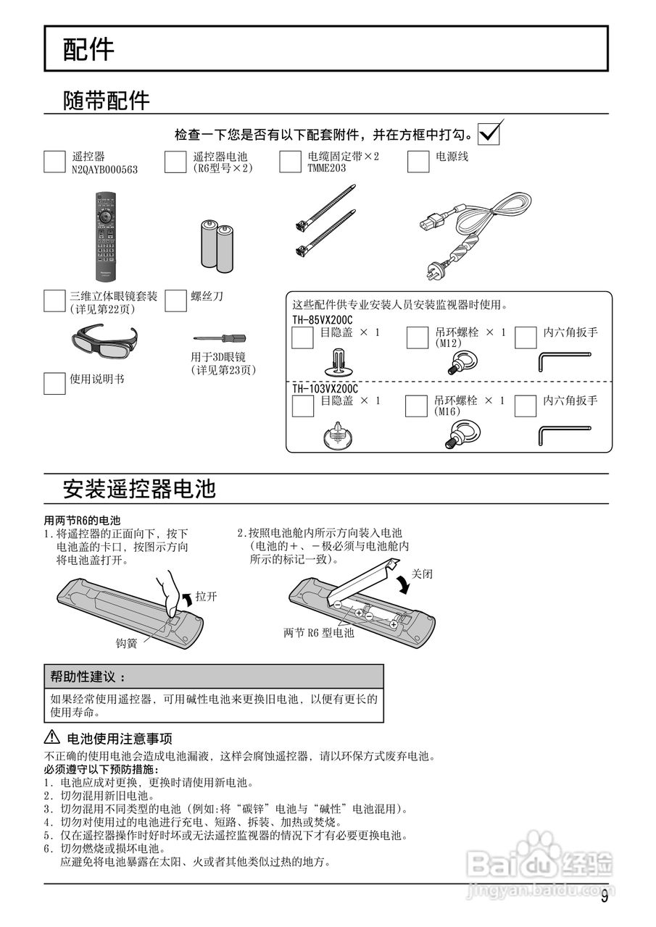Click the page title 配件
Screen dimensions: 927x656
[x=88, y=50]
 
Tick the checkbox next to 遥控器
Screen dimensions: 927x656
[x=55, y=162]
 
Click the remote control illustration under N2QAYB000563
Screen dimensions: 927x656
[x=106, y=236]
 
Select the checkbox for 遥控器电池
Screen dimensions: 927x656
[x=175, y=162]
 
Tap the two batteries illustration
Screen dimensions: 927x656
[x=217, y=245]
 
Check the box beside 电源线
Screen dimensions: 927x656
[x=418, y=162]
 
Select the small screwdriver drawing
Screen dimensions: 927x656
[x=219, y=337]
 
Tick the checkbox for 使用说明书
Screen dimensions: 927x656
[x=55, y=383]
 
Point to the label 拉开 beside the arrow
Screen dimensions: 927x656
[x=207, y=597]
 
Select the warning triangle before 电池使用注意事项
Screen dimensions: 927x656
[x=52, y=738]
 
